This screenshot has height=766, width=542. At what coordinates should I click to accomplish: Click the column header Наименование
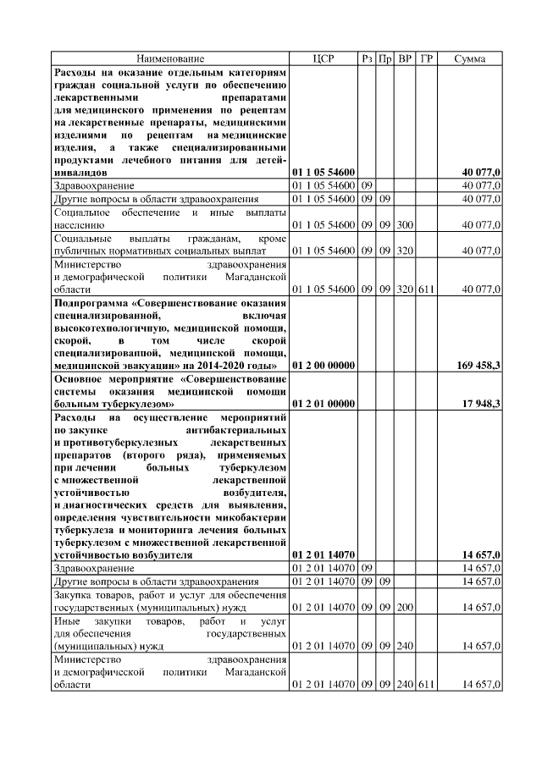tap(170, 58)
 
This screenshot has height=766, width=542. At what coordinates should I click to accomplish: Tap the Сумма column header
tap(470, 58)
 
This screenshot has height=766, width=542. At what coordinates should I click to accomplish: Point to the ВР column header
tap(406, 58)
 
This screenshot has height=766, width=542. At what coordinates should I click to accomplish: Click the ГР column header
tap(426, 58)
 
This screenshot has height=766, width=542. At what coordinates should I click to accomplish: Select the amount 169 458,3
tap(475, 365)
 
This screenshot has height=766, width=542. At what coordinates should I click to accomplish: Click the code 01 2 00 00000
tap(324, 365)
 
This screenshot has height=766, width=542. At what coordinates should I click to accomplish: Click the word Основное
tap(76, 378)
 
